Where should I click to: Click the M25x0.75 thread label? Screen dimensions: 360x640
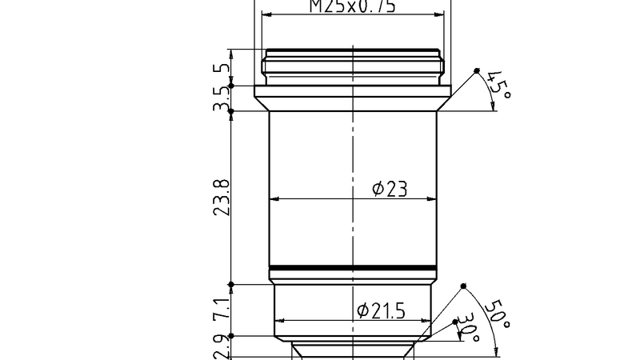353,6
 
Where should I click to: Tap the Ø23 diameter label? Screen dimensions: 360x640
390,189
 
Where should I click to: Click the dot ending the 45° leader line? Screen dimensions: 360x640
477,70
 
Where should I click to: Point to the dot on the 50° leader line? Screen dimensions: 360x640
463,286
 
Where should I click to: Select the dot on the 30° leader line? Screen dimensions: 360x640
455,323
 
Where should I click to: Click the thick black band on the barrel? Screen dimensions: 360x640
353,268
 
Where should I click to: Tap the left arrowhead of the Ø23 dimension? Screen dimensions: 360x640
274,198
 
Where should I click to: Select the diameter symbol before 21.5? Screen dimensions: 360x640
361,310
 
